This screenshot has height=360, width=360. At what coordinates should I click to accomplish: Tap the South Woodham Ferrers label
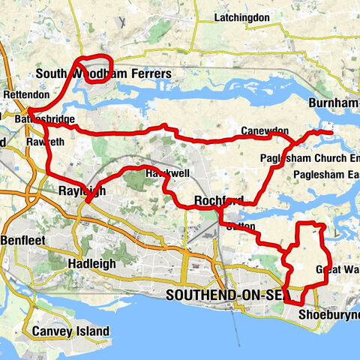pos(104,74)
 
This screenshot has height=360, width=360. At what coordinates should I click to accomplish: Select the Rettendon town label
pos(25,95)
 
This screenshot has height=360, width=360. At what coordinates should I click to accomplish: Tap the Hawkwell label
pos(167,173)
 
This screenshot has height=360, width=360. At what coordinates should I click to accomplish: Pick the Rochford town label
pos(218,200)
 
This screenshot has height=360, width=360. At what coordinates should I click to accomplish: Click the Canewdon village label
pos(265,131)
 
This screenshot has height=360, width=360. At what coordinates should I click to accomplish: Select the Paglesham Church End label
pos(310,159)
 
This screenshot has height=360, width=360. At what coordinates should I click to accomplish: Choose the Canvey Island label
pos(70,331)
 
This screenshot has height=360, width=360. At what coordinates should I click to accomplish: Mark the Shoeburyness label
pos(328,314)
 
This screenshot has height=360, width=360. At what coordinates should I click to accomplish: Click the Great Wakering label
pos(336,269)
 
